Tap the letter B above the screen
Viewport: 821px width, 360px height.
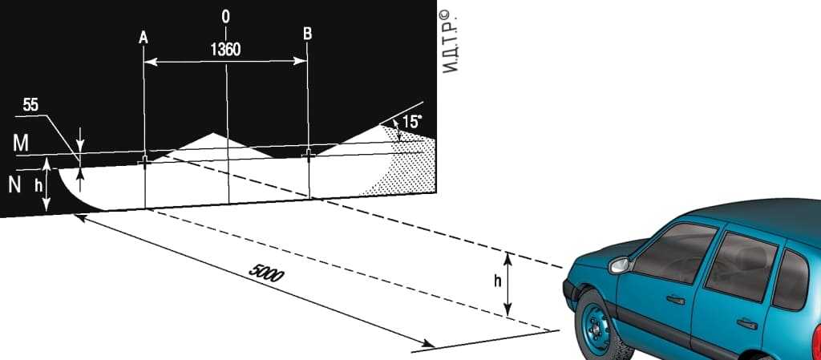tap(307, 34)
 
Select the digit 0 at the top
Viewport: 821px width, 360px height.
tap(225, 17)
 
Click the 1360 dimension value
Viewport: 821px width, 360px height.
tap(225, 50)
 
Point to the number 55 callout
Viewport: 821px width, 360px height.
tap(31, 105)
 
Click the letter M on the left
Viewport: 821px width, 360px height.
tap(20, 144)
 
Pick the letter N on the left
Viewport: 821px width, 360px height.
tap(14, 185)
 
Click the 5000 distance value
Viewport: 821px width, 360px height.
tap(265, 273)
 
